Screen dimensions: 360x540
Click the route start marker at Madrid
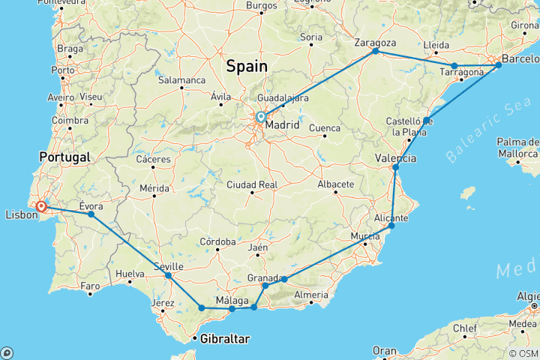[260, 117]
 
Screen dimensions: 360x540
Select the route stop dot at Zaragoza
[375, 51]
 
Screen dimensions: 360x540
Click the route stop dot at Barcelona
[499, 65]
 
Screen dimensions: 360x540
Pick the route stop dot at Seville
[168, 275]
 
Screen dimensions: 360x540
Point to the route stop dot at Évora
[91, 214]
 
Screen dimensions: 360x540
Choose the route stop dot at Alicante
[391, 225]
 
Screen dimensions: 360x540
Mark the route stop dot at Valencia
[395, 166]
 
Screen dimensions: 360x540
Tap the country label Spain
[247, 66]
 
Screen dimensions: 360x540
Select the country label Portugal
[66, 157]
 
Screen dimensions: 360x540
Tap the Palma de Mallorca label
[518, 148]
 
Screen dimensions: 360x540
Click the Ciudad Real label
[251, 184]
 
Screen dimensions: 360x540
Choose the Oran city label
[384, 350]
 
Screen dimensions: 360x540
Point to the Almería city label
[312, 295]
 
